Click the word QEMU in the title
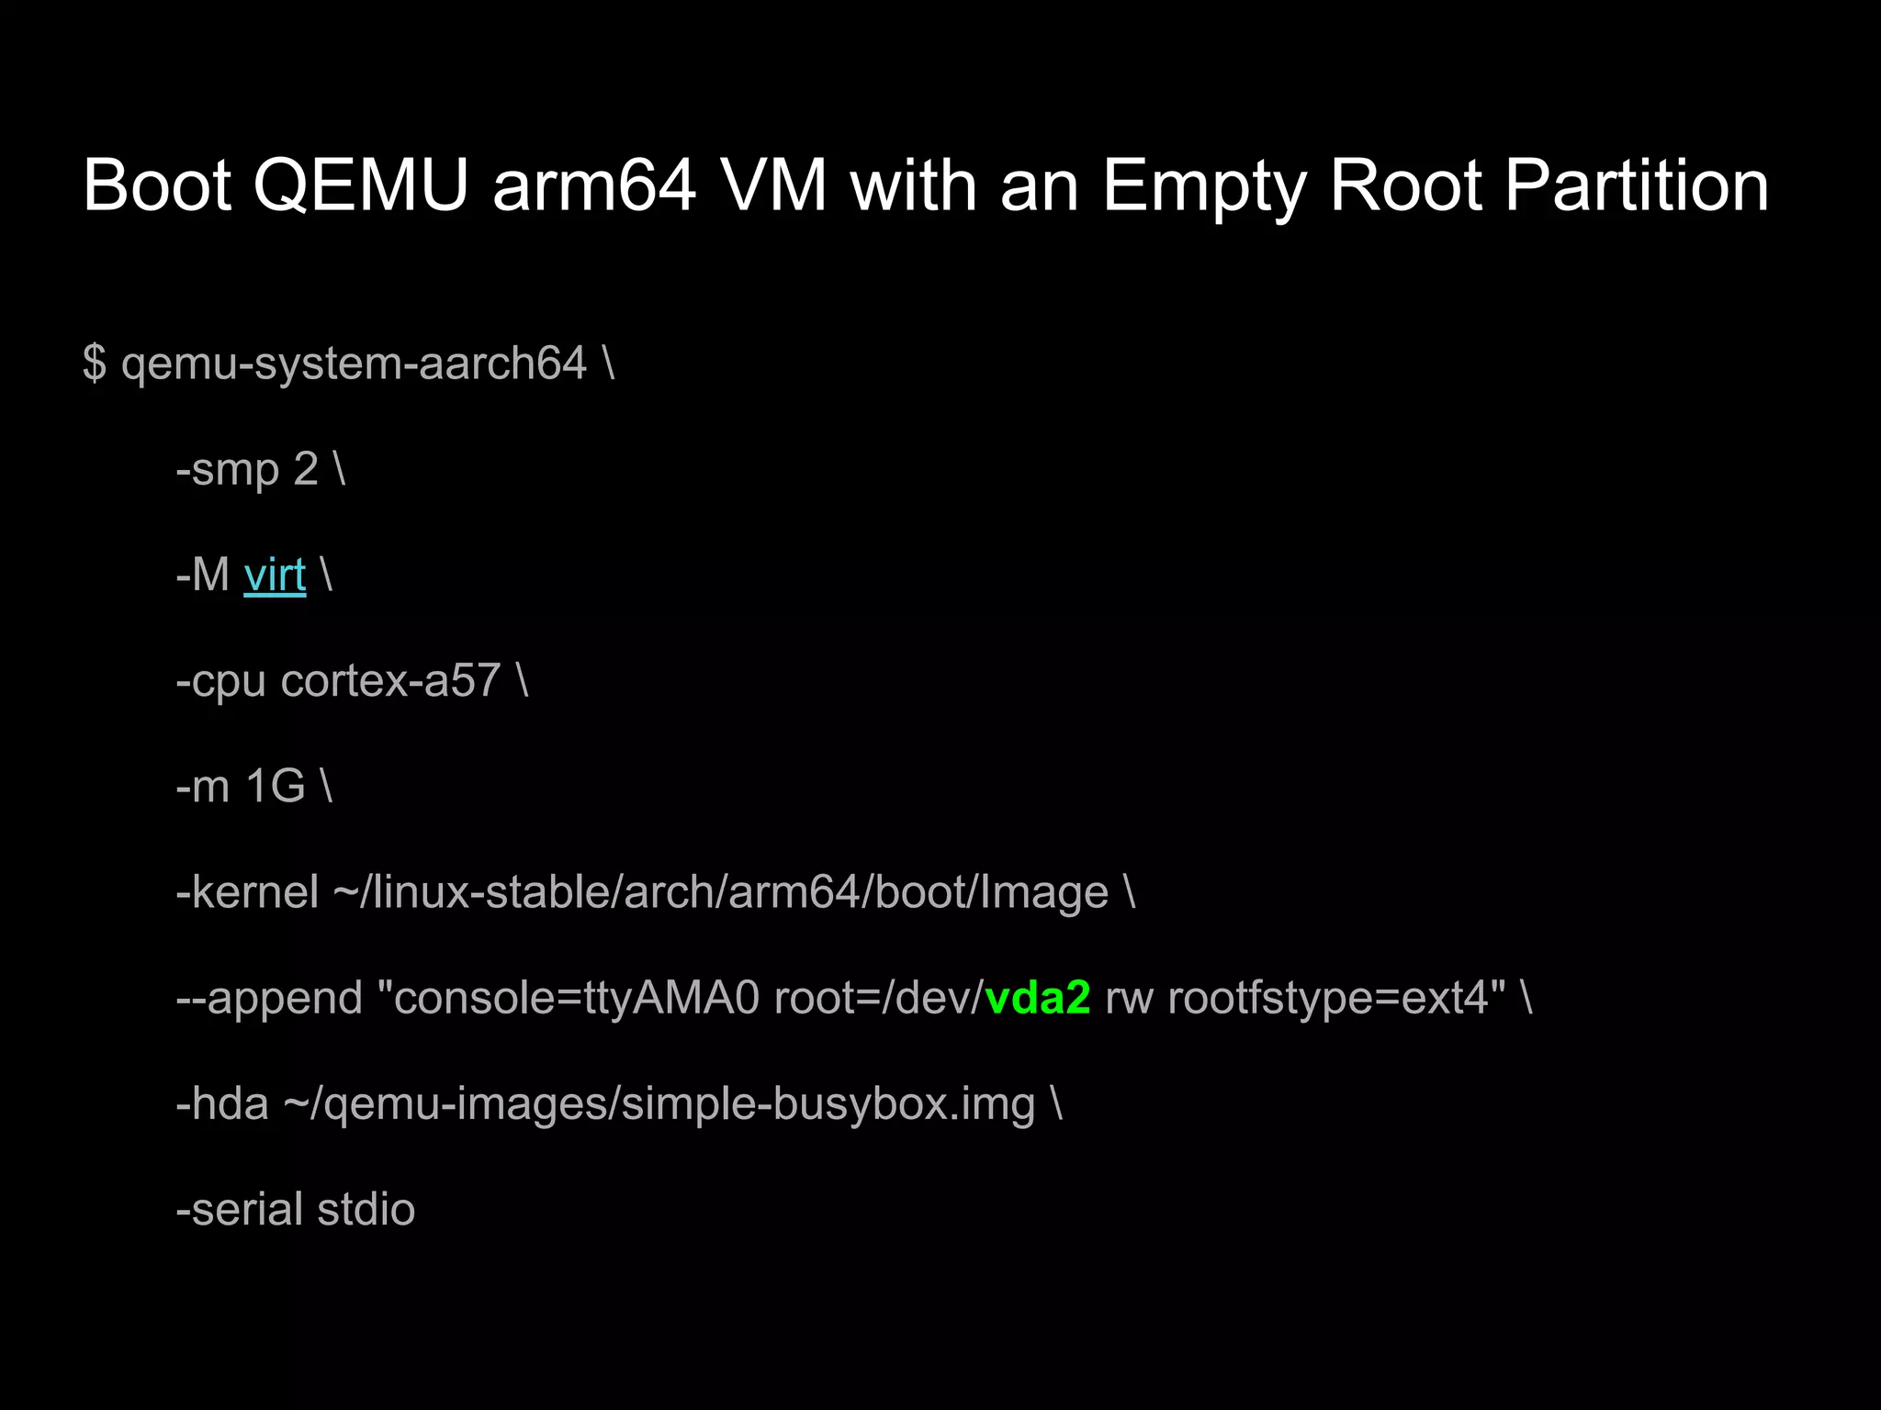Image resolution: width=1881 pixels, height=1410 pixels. [360, 185]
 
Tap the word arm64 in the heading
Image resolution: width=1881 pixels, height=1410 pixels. [594, 185]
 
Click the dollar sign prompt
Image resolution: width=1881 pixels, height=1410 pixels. [94, 363]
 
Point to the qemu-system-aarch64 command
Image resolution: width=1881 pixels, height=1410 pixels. [354, 364]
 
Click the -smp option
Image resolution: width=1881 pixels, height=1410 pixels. [227, 469]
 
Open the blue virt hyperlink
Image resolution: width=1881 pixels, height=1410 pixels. [275, 576]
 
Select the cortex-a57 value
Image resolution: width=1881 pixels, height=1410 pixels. [390, 681]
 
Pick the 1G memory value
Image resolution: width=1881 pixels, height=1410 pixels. [275, 787]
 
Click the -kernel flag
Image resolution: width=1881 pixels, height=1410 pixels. [247, 892]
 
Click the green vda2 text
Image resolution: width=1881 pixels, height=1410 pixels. [1038, 998]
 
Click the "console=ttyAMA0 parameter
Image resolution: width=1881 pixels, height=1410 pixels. [569, 998]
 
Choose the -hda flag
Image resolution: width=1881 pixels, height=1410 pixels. [222, 1103]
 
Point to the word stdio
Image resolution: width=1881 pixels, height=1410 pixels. [366, 1209]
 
